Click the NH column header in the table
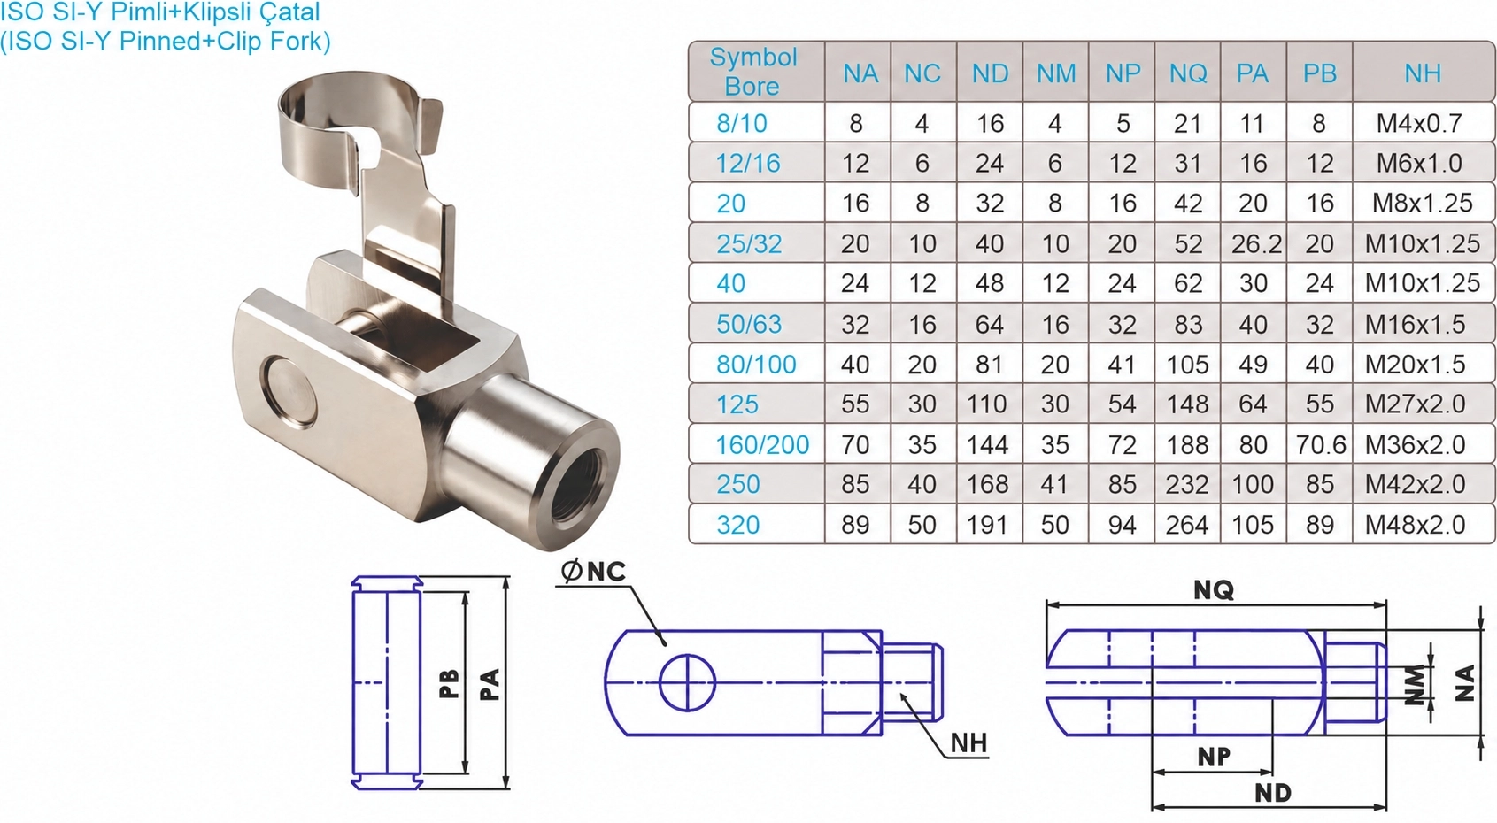[x=1422, y=73]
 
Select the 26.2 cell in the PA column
[x=1256, y=244]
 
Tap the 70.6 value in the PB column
[x=1321, y=445]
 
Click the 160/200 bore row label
[x=762, y=445]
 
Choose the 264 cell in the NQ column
[x=1187, y=525]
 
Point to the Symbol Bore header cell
[x=753, y=72]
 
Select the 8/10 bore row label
[x=741, y=124]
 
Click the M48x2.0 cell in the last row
[x=1414, y=525]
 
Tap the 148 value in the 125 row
[x=1187, y=404]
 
